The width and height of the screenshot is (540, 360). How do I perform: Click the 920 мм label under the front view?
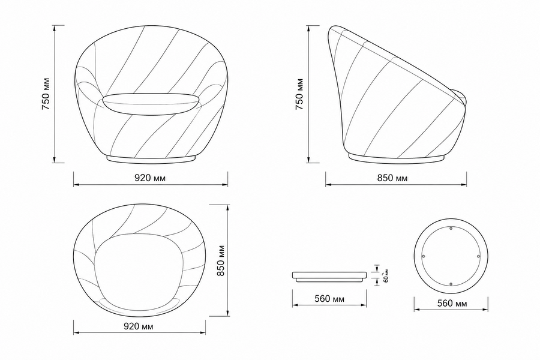click(149, 178)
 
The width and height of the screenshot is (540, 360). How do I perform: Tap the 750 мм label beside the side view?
click(299, 94)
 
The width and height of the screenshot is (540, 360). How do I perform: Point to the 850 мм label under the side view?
click(392, 178)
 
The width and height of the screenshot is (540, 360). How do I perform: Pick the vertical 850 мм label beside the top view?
click(220, 260)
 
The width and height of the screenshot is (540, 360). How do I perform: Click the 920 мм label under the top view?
click(139, 326)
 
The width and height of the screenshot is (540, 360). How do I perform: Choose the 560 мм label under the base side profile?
click(329, 298)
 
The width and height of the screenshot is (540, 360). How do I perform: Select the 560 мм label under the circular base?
click(452, 303)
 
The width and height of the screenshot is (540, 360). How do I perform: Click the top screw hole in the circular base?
click(451, 228)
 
